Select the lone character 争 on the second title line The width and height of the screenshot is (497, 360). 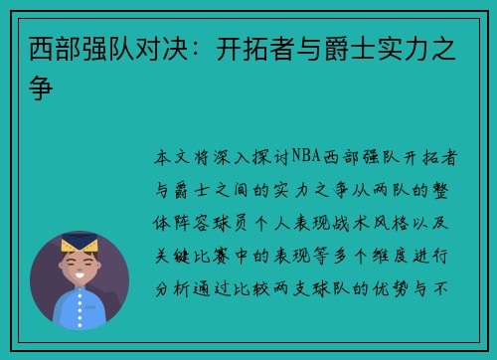tap(42, 86)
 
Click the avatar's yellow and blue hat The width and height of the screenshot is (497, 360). tap(79, 242)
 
